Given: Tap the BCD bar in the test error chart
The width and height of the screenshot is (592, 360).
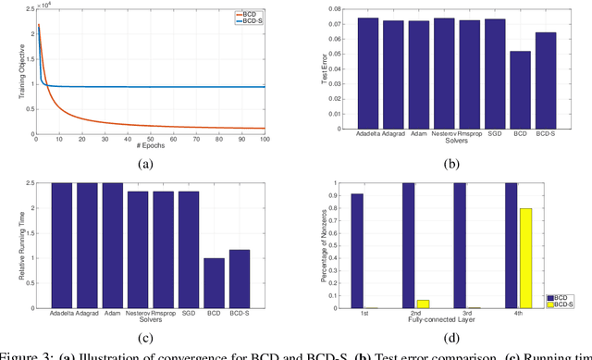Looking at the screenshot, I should (x=521, y=84).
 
